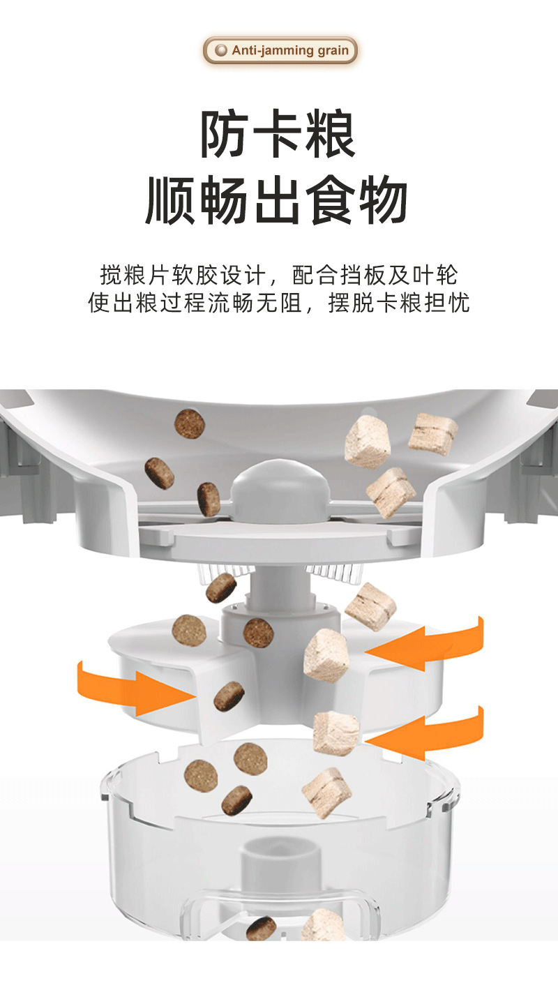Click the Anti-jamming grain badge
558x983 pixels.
[280, 51]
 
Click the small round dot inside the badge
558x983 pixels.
[221, 51]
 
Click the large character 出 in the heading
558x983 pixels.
[278, 201]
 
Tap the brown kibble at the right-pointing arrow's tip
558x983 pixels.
[229, 696]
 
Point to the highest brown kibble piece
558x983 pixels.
[190, 423]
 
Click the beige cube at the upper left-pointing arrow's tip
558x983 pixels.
[326, 654]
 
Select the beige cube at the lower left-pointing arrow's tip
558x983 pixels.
[335, 733]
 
